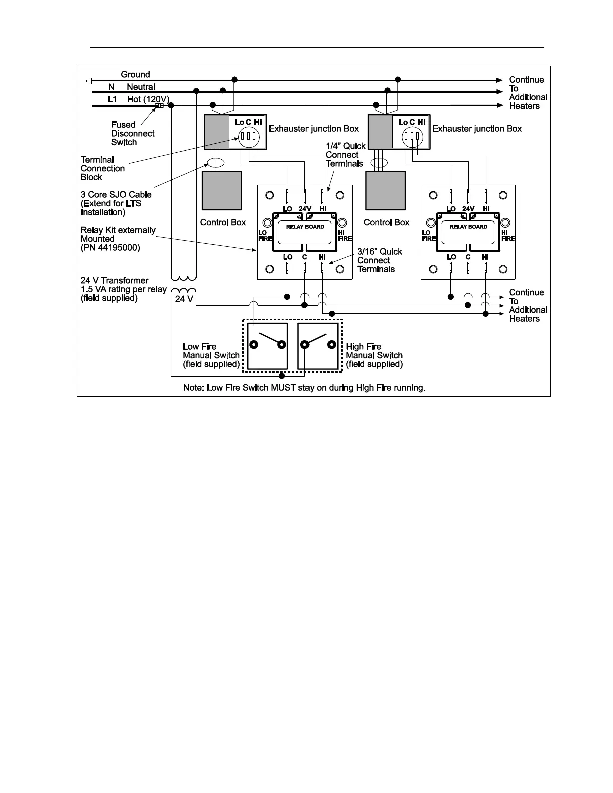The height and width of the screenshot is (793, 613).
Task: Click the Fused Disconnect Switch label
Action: pyautogui.click(x=133, y=134)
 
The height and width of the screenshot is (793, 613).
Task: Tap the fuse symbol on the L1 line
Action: pyautogui.click(x=160, y=105)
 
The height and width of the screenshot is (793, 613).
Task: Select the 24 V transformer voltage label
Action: pyautogui.click(x=184, y=299)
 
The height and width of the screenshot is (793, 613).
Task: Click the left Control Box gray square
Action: pyautogui.click(x=222, y=191)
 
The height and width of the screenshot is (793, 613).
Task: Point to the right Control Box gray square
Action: pyautogui.click(x=385, y=191)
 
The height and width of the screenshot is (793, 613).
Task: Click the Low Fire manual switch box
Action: pyautogui.click(x=268, y=346)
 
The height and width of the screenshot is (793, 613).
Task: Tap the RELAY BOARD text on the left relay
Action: pyautogui.click(x=305, y=227)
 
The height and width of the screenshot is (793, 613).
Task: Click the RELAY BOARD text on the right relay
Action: pyautogui.click(x=468, y=227)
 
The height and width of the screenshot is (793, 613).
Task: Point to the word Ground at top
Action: pyautogui.click(x=135, y=75)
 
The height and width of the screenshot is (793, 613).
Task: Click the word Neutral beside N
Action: pyautogui.click(x=141, y=87)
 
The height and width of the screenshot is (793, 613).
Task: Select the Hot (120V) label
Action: pyautogui.click(x=148, y=99)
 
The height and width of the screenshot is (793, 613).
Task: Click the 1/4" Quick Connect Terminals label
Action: pyautogui.click(x=345, y=155)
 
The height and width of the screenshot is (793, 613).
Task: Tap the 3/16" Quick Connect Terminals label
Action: pyautogui.click(x=379, y=260)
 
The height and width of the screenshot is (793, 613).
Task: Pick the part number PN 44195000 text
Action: pyautogui.click(x=110, y=248)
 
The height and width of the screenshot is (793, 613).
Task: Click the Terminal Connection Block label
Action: pyautogui.click(x=102, y=168)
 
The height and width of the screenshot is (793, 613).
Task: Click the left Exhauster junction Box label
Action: pyautogui.click(x=314, y=129)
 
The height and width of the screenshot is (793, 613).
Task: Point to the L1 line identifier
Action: pyautogui.click(x=112, y=99)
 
